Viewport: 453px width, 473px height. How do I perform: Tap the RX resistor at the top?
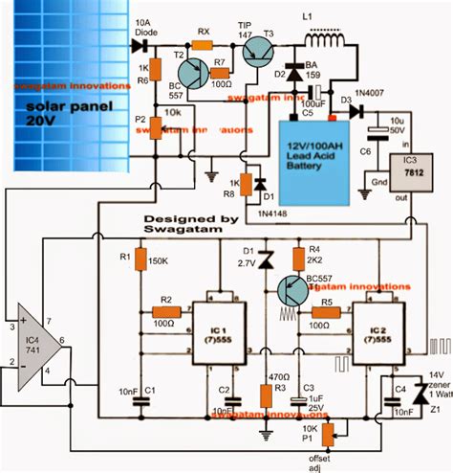coord(203,43)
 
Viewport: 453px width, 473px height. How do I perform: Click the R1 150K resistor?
coord(140,260)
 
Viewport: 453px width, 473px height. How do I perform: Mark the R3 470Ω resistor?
coord(265,393)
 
